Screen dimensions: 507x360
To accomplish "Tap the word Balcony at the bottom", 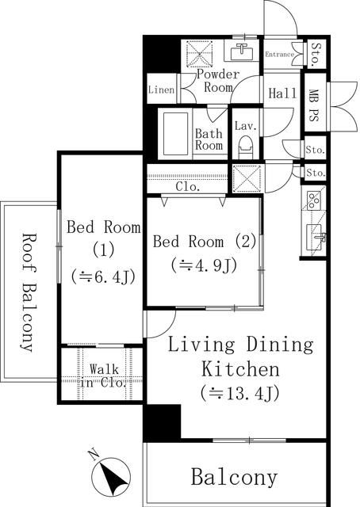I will pos(234,477).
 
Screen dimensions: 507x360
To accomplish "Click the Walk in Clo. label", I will pos(103,375).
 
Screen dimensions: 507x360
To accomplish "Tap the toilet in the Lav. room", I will pos(245,146).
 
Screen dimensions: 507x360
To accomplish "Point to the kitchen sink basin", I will pos(315,235).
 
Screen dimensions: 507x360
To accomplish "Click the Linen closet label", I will pos(161,90).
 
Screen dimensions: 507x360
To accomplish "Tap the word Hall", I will pos(282,93).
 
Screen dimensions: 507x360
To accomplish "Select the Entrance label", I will pos(278,55).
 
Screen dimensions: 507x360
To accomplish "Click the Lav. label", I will pos(243,124).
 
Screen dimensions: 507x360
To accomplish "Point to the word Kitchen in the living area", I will pos(239,368).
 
